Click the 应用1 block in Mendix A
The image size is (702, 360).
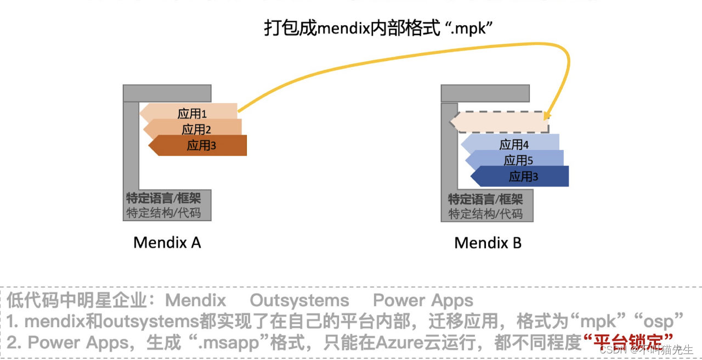pos(190,113)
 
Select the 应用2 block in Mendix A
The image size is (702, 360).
pos(194,129)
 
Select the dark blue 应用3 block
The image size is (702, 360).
pos(521,176)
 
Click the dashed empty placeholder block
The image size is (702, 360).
pos(500,122)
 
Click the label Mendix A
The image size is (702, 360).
pos(167,243)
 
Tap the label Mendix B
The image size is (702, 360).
pos(488,243)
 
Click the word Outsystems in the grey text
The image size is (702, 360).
pos(299,300)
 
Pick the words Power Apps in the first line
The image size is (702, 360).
pos(423,300)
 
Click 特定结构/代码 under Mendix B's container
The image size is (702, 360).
pos(485,214)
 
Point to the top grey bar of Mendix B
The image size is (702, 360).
pos(485,93)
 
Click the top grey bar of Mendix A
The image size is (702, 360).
pos(167,93)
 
